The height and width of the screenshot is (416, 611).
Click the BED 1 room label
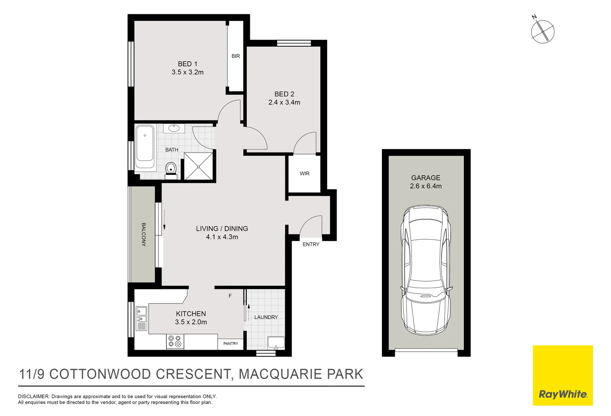pos(187,64)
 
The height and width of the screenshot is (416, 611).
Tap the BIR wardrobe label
pos(236,56)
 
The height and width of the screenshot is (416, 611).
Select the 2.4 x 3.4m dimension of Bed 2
pos(284,102)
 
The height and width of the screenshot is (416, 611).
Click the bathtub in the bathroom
pos(145,147)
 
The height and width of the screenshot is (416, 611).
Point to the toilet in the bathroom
pos(171,169)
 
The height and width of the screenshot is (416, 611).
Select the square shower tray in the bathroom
pos(198,166)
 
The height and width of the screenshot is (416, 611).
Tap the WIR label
pos(305,174)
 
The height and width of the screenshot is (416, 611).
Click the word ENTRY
pos(311,244)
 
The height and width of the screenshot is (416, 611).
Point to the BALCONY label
pos(144,235)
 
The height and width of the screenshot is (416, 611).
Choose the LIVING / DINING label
pos(222,229)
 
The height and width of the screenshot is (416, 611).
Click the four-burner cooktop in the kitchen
pos(174,341)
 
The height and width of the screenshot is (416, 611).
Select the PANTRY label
pos(231,344)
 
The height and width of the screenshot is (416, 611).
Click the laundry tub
pos(276,342)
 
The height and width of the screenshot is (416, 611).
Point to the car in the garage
pos(426,270)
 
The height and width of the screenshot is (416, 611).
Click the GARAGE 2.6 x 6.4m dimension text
pos(426,186)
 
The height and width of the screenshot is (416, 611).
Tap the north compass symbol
pos(542,31)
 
